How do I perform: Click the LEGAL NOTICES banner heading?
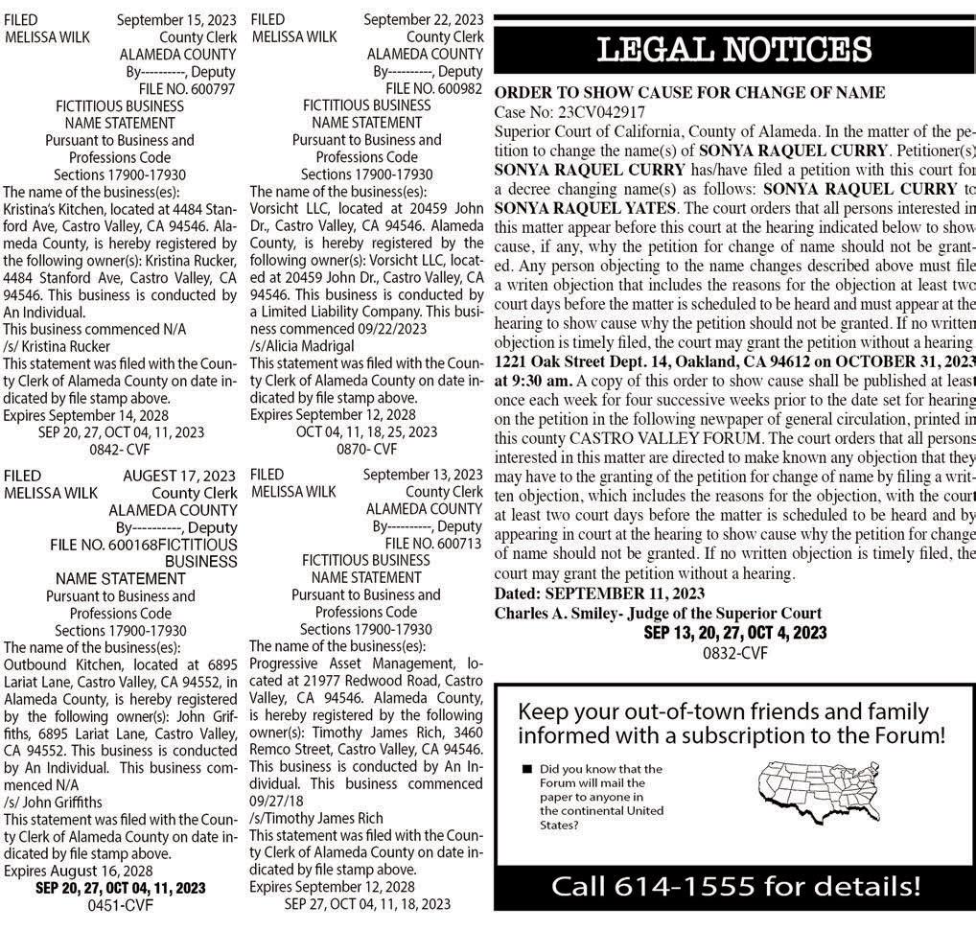click(x=733, y=50)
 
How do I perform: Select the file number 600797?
click(x=205, y=88)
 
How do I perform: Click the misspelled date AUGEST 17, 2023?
click(x=179, y=476)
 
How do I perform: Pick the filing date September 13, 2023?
click(x=423, y=475)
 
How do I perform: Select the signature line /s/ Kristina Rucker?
click(x=57, y=346)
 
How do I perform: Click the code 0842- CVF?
click(x=121, y=449)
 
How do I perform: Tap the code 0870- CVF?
click(x=367, y=449)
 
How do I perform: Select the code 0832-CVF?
click(x=735, y=653)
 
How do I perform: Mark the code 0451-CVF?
click(x=121, y=904)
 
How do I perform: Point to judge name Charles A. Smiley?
click(x=555, y=614)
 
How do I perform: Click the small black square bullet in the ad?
click(x=526, y=770)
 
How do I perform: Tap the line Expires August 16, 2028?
click(x=79, y=871)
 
